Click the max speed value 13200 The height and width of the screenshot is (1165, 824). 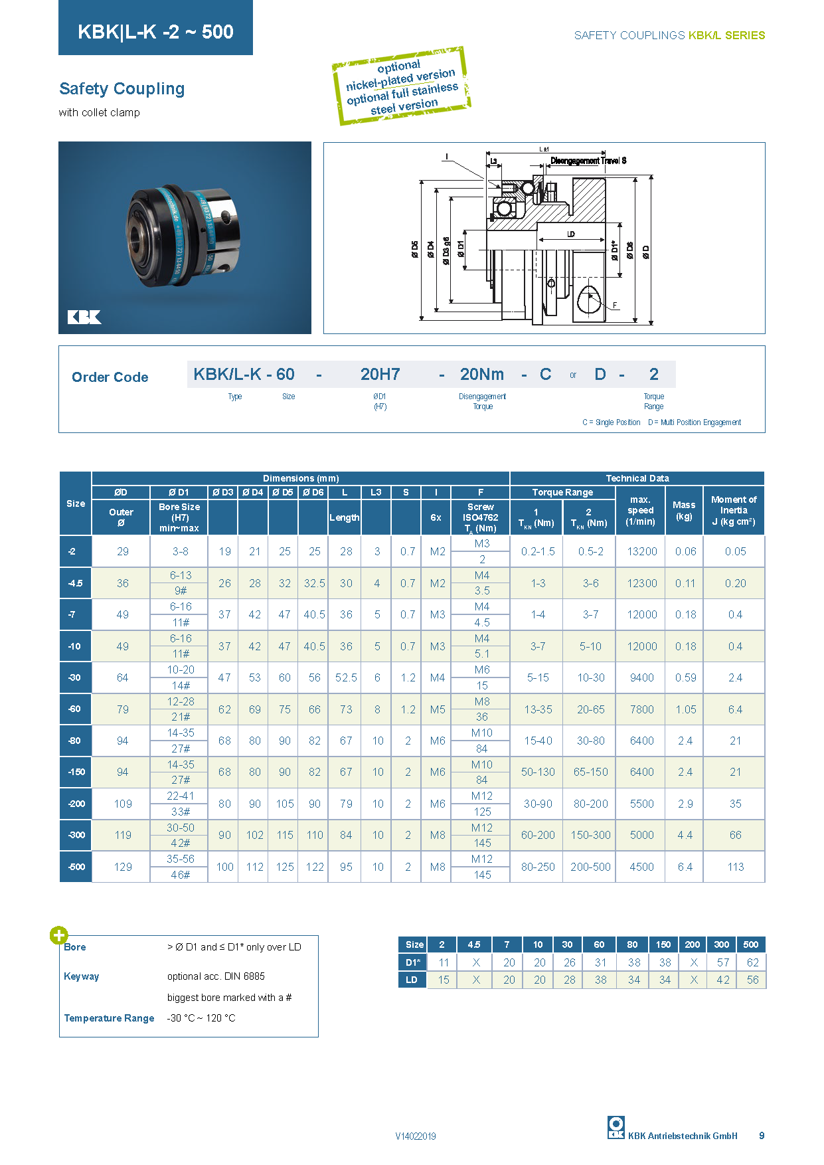tap(642, 551)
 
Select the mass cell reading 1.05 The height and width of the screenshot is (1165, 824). tap(686, 709)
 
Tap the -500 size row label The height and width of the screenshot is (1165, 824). tap(76, 867)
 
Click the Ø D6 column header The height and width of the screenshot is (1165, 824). tap(313, 492)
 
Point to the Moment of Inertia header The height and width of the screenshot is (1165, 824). tap(734, 510)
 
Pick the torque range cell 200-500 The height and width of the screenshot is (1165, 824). tap(590, 867)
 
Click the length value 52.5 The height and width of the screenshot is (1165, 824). tap(346, 677)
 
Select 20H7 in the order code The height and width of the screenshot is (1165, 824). tap(380, 375)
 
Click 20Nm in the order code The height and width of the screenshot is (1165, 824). tap(482, 375)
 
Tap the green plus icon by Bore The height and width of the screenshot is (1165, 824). tap(58, 935)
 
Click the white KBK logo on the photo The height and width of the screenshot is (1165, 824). tap(84, 317)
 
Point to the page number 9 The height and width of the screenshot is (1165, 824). tap(762, 1136)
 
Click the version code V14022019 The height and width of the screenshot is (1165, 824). tap(416, 1136)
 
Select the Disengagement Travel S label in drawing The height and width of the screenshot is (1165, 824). tap(588, 161)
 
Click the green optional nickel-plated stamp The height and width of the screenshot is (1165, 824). tap(402, 86)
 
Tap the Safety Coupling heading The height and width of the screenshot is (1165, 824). tap(122, 89)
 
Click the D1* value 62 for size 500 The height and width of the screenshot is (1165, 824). tap(752, 962)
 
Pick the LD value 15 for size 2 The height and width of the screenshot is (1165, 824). tap(444, 980)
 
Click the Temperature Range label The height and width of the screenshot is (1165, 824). tap(109, 1018)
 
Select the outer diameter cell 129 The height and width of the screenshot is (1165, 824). tap(123, 867)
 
